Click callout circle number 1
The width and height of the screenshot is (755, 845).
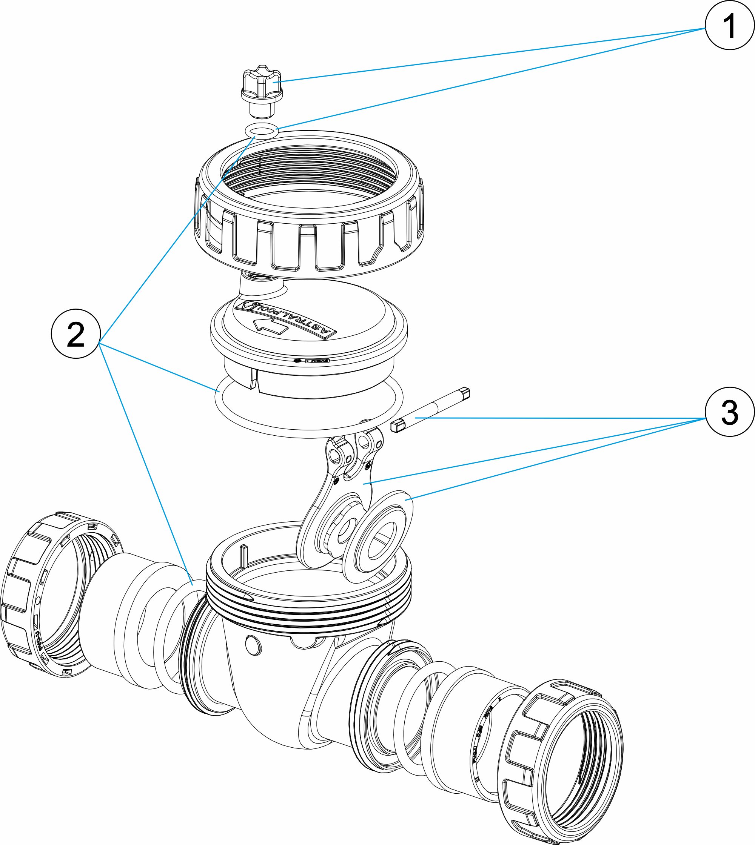729,25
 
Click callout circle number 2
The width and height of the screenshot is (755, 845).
76,334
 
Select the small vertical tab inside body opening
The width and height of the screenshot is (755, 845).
244,556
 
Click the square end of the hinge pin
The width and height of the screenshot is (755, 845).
397,426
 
